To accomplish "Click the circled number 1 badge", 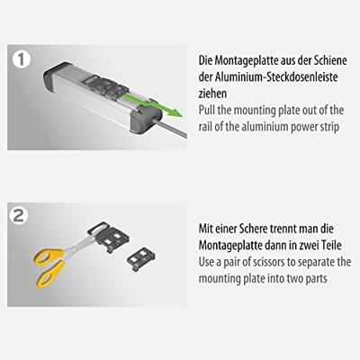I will click(x=22, y=60).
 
